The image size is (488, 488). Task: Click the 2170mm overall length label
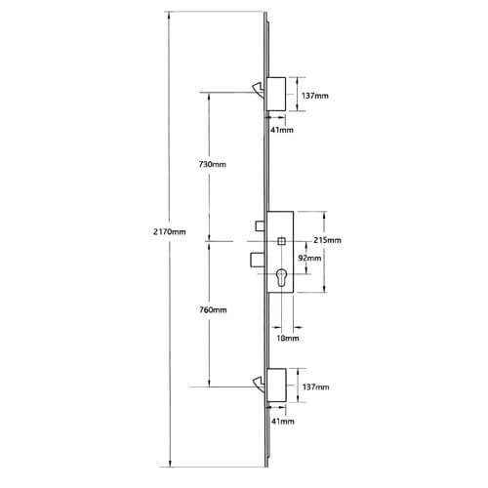point(169,232)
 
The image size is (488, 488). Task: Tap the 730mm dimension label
point(212,164)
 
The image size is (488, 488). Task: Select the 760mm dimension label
point(213,309)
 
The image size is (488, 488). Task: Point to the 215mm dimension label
point(327,240)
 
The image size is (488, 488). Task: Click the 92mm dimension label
point(309,258)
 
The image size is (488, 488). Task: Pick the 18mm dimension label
point(288,338)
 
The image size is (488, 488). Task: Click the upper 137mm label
point(315,96)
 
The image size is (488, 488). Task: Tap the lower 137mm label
point(315,386)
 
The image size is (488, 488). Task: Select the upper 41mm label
point(282,130)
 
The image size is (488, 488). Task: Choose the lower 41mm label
point(283,422)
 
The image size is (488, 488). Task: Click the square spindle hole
point(281,241)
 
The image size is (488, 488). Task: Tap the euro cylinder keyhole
point(281,278)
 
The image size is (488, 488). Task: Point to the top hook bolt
point(259,90)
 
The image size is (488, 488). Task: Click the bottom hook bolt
point(260,385)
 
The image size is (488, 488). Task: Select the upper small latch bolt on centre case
point(261,225)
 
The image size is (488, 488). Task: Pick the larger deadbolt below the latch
point(259,260)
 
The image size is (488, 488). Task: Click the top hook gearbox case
point(276,94)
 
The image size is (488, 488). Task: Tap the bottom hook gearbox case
point(276,386)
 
